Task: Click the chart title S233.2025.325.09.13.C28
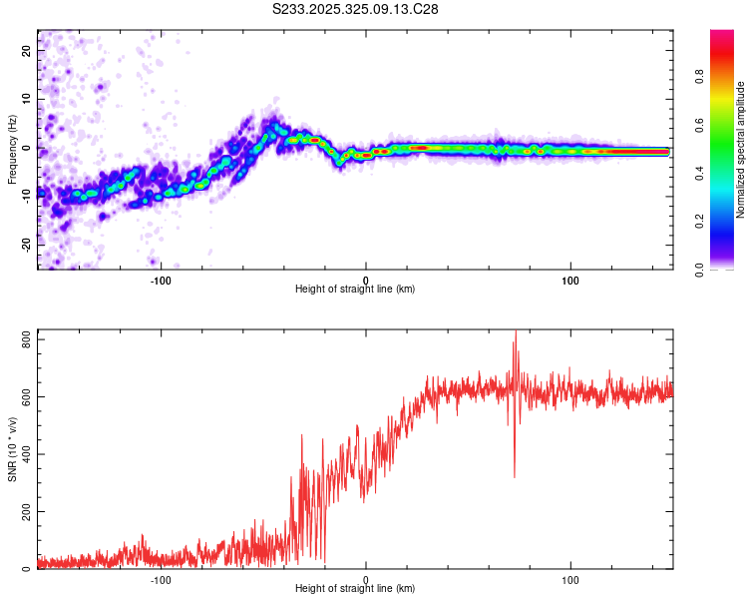point(355,10)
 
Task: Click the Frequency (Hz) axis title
point(11,149)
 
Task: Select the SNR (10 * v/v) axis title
point(11,448)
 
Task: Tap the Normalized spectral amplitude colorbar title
point(741,151)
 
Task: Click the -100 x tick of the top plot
point(161,280)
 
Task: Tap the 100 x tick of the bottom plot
point(571,579)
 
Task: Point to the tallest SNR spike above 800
point(515,333)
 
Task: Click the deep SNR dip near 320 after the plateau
point(515,476)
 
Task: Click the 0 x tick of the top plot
point(366,280)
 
